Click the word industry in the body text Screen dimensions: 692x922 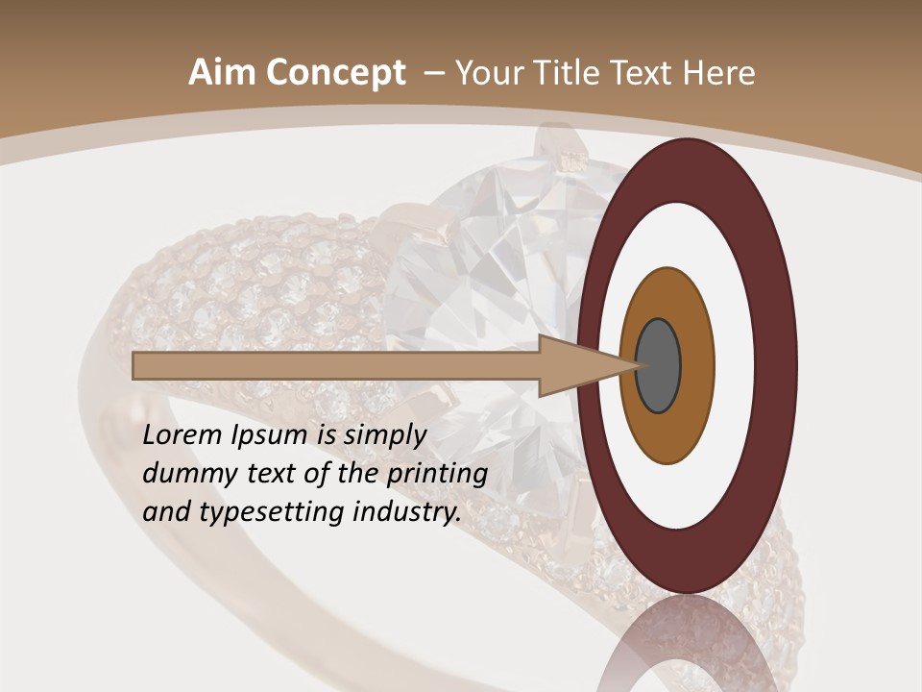(403, 512)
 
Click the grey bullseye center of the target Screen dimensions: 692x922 (658, 366)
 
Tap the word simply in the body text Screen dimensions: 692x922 (384, 435)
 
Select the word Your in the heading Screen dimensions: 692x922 (485, 73)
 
